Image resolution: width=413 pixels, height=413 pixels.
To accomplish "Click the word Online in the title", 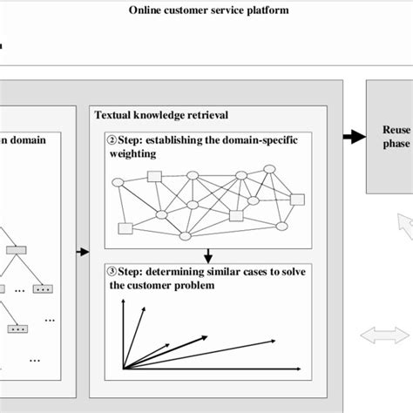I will tap(148, 11).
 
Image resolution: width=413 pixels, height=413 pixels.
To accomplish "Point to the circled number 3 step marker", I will tap(111, 269).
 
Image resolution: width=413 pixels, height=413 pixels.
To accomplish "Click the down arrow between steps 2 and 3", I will tap(207, 255).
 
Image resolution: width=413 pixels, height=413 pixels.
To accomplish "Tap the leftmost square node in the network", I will tap(125, 228).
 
